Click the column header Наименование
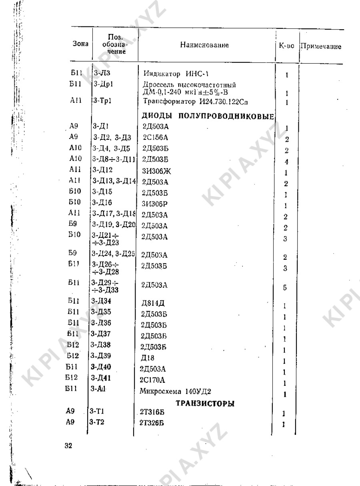[x=204, y=45]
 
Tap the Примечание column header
[x=320, y=46]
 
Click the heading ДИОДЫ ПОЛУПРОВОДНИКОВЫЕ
[x=208, y=116]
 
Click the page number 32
[x=68, y=447]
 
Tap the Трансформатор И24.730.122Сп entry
[x=196, y=102]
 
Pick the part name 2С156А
[x=152, y=137]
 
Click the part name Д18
[x=146, y=357]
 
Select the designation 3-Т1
[x=98, y=411]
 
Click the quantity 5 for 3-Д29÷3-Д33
[x=284, y=287]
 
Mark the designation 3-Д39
[x=101, y=355]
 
